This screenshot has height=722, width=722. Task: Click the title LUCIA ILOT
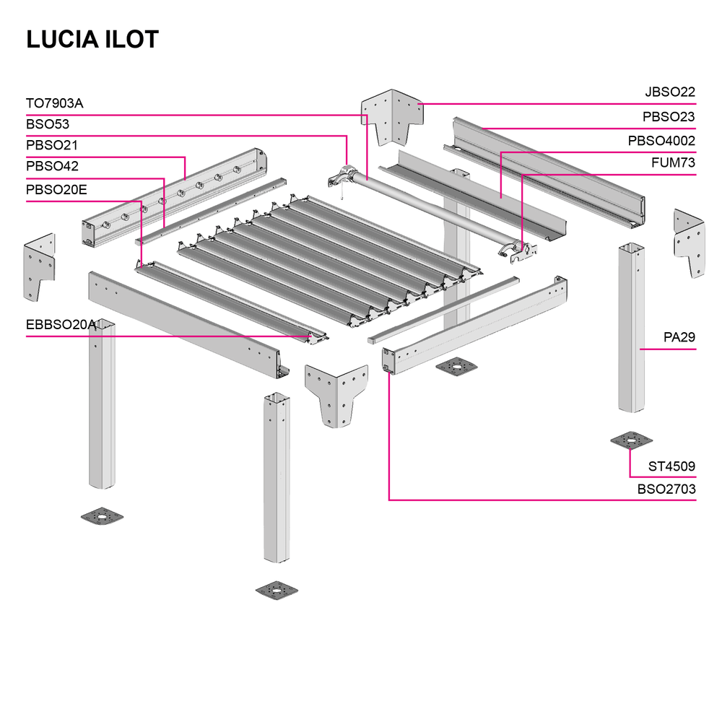click(92, 40)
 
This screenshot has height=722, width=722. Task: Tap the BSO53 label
click(48, 124)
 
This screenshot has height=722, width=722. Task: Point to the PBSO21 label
click(52, 145)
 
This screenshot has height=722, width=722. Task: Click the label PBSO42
click(52, 166)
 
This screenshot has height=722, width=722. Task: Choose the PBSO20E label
click(56, 189)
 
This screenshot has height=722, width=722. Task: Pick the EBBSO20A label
click(61, 325)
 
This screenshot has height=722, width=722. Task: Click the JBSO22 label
click(670, 92)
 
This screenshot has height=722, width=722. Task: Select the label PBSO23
click(669, 116)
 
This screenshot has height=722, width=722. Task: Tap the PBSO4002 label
click(661, 141)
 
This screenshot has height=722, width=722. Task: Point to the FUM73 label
click(672, 163)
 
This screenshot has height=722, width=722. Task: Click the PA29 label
click(679, 337)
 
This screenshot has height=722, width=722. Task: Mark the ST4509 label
click(671, 466)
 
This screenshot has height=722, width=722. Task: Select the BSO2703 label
click(666, 489)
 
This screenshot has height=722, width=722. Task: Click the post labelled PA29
click(631, 329)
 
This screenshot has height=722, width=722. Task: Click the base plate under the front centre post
click(277, 590)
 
